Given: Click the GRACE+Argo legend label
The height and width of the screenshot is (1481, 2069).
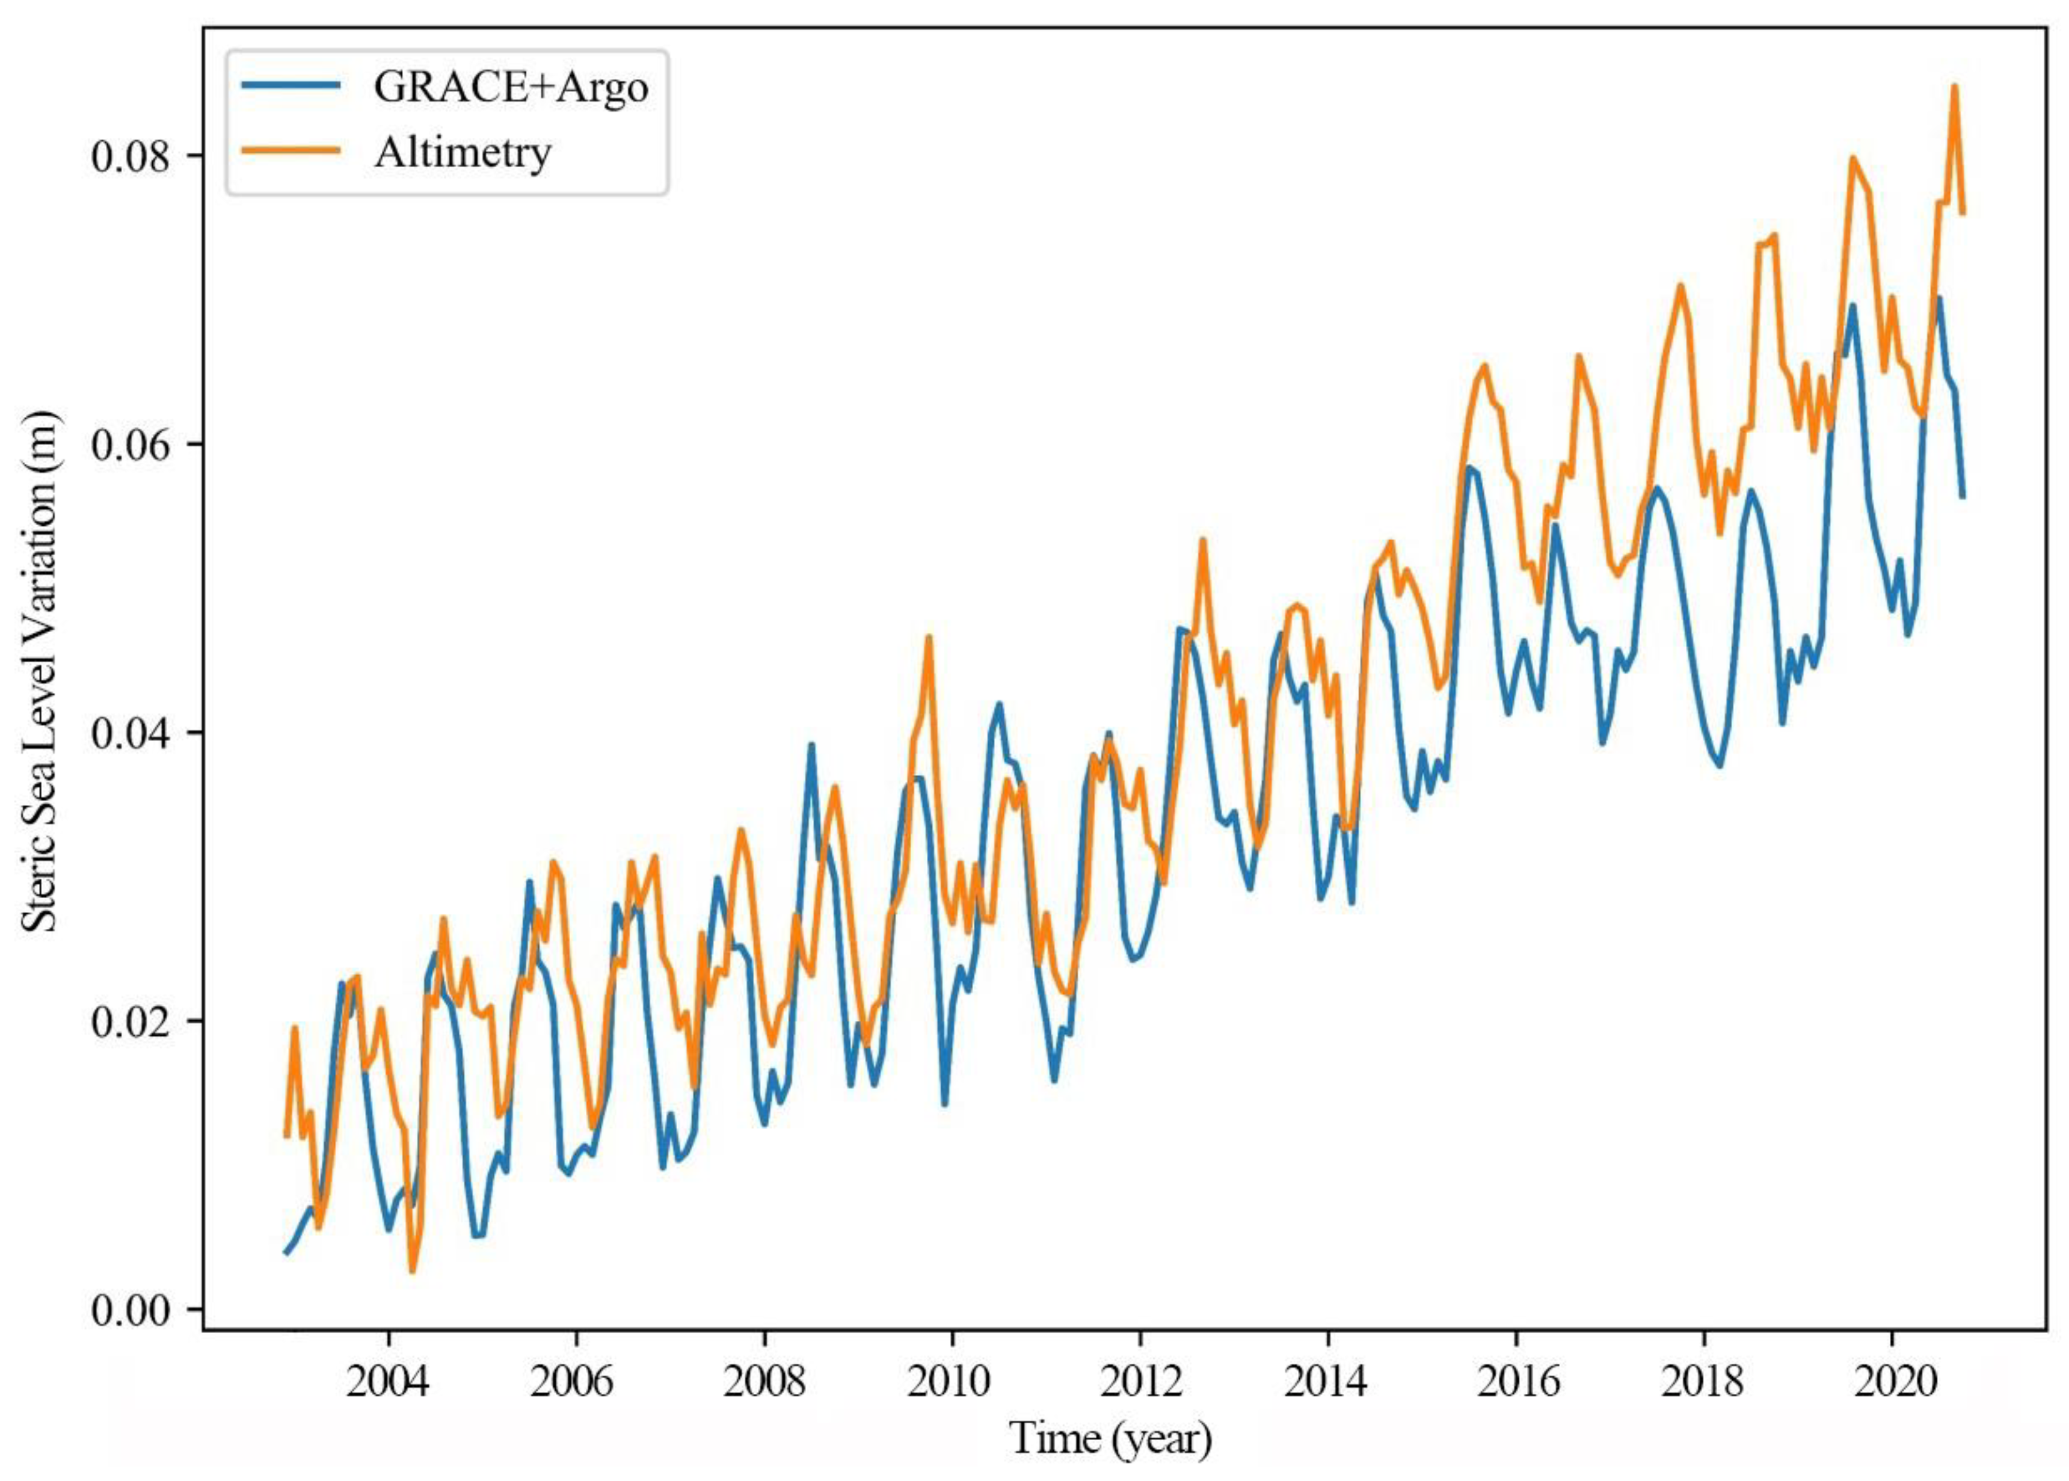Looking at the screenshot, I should pyautogui.click(x=511, y=87).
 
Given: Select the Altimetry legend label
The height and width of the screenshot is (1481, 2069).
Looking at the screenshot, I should pyautogui.click(x=463, y=152).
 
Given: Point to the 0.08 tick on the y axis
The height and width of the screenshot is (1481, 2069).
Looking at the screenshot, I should pyautogui.click(x=131, y=156).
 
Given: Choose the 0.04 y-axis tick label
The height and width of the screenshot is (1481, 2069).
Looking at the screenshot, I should pyautogui.click(x=131, y=733).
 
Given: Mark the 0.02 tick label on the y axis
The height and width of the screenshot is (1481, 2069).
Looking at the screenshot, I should pyautogui.click(x=131, y=1021).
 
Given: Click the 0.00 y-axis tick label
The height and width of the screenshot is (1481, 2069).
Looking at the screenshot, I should pyautogui.click(x=131, y=1311).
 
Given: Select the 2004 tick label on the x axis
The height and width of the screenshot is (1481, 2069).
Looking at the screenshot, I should pyautogui.click(x=389, y=1382).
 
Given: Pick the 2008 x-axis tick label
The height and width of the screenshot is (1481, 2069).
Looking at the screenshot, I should pyautogui.click(x=764, y=1382).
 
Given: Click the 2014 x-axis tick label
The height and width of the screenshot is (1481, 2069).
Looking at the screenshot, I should pyautogui.click(x=1327, y=1382).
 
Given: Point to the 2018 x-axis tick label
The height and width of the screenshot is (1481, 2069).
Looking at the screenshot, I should pyautogui.click(x=1703, y=1382).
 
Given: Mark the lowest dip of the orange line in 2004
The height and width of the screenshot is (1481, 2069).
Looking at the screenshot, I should pyautogui.click(x=412, y=1270).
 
